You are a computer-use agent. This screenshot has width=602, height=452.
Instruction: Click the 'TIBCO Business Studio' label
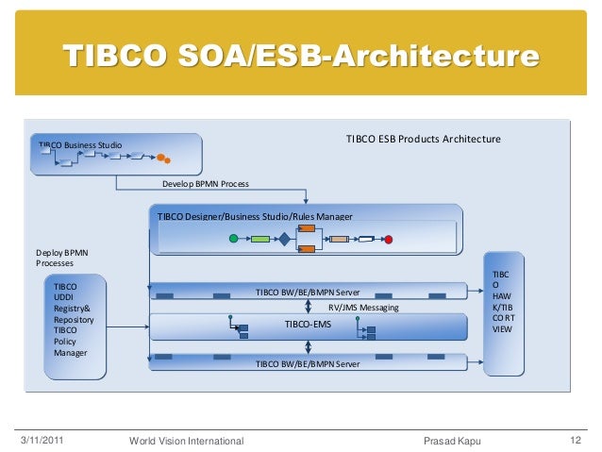click(x=80, y=144)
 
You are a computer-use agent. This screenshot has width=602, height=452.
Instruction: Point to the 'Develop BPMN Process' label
click(x=206, y=184)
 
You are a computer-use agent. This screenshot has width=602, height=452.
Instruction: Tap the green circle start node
click(x=233, y=240)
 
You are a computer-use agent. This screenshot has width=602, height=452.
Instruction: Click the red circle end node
click(x=388, y=240)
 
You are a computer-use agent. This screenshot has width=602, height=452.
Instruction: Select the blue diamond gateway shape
click(x=283, y=240)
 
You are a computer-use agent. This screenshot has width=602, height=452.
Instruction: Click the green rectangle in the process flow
click(x=260, y=240)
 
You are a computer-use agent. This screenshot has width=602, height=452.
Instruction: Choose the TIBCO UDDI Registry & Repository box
click(x=77, y=319)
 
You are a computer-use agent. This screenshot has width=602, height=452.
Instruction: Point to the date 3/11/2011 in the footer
click(x=42, y=440)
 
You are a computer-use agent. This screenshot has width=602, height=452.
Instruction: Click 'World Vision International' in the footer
click(x=186, y=440)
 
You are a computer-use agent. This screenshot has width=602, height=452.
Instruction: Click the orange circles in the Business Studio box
click(x=162, y=158)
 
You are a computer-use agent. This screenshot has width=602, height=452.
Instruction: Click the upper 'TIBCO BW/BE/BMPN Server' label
click(x=307, y=293)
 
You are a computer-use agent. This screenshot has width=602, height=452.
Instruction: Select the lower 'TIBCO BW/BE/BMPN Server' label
click(x=307, y=363)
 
